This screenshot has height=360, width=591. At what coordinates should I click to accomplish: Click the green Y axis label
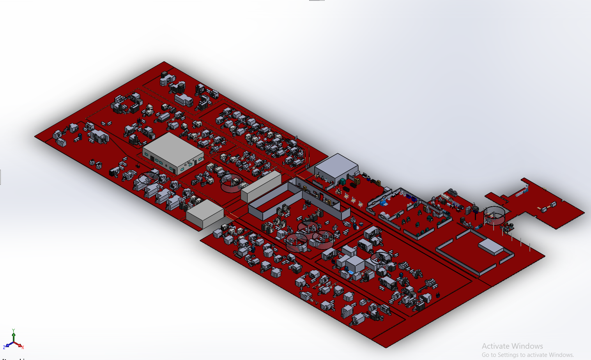pos(14,330)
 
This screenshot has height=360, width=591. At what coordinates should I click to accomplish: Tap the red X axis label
pos(23,347)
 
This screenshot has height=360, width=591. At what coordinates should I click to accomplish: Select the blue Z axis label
pos(4,347)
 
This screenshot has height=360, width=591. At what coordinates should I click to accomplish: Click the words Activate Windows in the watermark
pos(512,346)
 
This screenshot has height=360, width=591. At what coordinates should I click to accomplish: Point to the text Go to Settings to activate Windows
pos(527,355)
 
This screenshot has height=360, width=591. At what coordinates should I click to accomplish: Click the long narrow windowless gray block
pos(261,186)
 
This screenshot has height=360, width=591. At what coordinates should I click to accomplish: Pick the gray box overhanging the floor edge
pos(205,213)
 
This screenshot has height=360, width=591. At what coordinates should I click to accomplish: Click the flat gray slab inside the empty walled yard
pos(491,247)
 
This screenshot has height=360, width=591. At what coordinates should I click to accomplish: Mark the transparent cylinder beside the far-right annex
pos(494,216)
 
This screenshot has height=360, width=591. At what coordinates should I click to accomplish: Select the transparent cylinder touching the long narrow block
pos(232,183)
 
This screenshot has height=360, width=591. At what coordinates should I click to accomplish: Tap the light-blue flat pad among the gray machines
pos(351,272)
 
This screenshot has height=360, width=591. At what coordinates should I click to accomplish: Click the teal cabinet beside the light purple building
pos(342,181)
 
